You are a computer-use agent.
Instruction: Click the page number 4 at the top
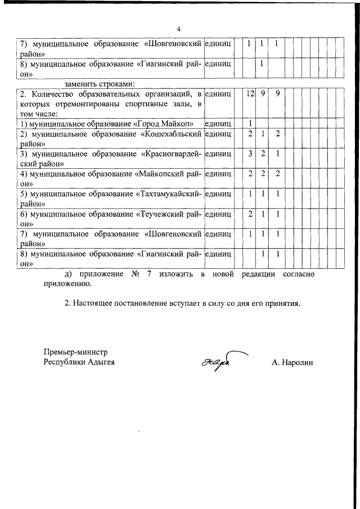pyautogui.click(x=179, y=29)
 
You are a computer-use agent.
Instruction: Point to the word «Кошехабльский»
pyautogui.click(x=173, y=134)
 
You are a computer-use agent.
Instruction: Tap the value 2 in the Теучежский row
pyautogui.click(x=250, y=214)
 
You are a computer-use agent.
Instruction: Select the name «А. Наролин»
pyautogui.click(x=292, y=363)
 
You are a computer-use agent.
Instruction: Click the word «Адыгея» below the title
pyautogui.click(x=101, y=362)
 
